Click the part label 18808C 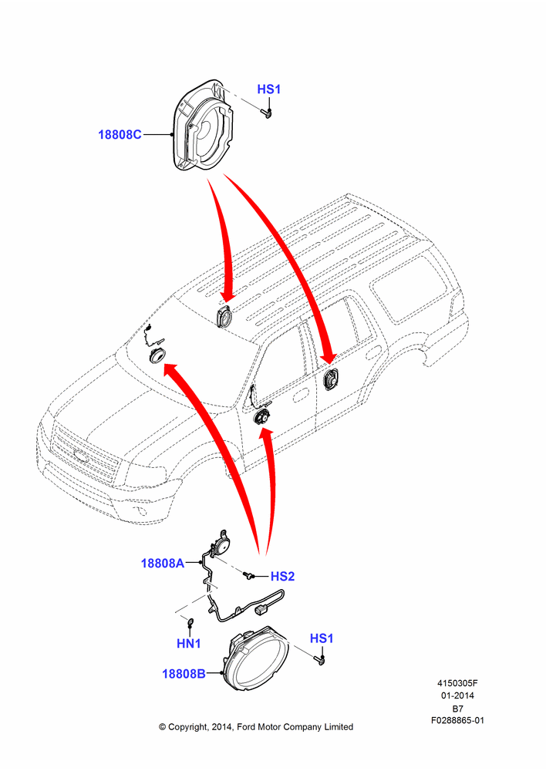120,134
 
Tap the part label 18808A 162,563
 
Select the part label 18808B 184,674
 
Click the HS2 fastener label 282,576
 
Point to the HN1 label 188,643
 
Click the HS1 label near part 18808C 268,89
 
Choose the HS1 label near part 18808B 322,638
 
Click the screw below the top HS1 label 268,114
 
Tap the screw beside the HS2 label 248,574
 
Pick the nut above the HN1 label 190,624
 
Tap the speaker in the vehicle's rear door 330,379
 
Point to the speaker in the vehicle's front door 261,417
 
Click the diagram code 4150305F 457,683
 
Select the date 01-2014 457,695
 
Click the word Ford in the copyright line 247,727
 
